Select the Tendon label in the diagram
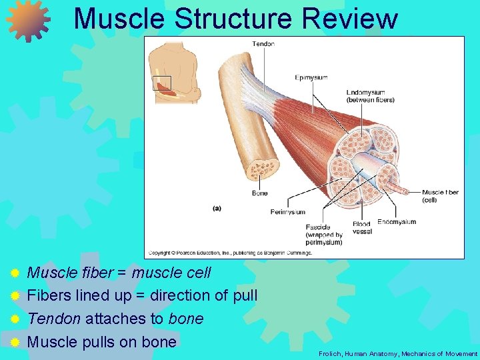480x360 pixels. pos(263,44)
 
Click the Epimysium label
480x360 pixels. pos(311,77)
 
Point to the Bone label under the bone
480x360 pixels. pos(259,193)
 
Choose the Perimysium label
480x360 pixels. pos(287,212)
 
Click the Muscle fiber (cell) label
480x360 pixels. pos(440,196)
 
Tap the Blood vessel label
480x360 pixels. pos(362,228)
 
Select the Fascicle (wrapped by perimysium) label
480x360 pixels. pos(324,235)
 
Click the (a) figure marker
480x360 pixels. pos(217,209)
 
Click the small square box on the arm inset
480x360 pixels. pos(162,83)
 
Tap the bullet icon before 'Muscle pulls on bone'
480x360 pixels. pos(15,343)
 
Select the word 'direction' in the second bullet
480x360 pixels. pos(179,295)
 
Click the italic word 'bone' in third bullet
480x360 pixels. pos(185,319)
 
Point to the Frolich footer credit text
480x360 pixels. pos(398,353)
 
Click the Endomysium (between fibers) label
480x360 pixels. pos(370,96)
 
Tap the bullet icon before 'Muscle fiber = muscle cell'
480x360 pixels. pos(15,273)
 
